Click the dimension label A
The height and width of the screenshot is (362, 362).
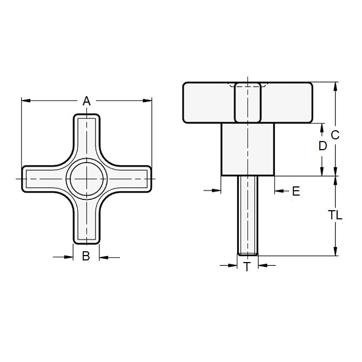(85, 100)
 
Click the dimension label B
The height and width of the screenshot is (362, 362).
(85, 257)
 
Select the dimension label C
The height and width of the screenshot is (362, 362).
(335, 136)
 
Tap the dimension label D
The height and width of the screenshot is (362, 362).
(323, 146)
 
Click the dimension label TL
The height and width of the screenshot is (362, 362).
(335, 214)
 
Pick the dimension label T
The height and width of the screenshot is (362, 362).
(247, 266)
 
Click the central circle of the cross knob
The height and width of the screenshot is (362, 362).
(85, 178)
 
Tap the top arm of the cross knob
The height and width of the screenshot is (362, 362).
(85, 135)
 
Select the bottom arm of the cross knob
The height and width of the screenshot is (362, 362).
(85, 222)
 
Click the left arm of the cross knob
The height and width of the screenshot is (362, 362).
(43, 178)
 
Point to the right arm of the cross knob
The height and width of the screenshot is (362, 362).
(129, 178)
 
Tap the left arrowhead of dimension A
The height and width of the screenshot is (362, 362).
(24, 100)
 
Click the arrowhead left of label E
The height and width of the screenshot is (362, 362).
(218, 190)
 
